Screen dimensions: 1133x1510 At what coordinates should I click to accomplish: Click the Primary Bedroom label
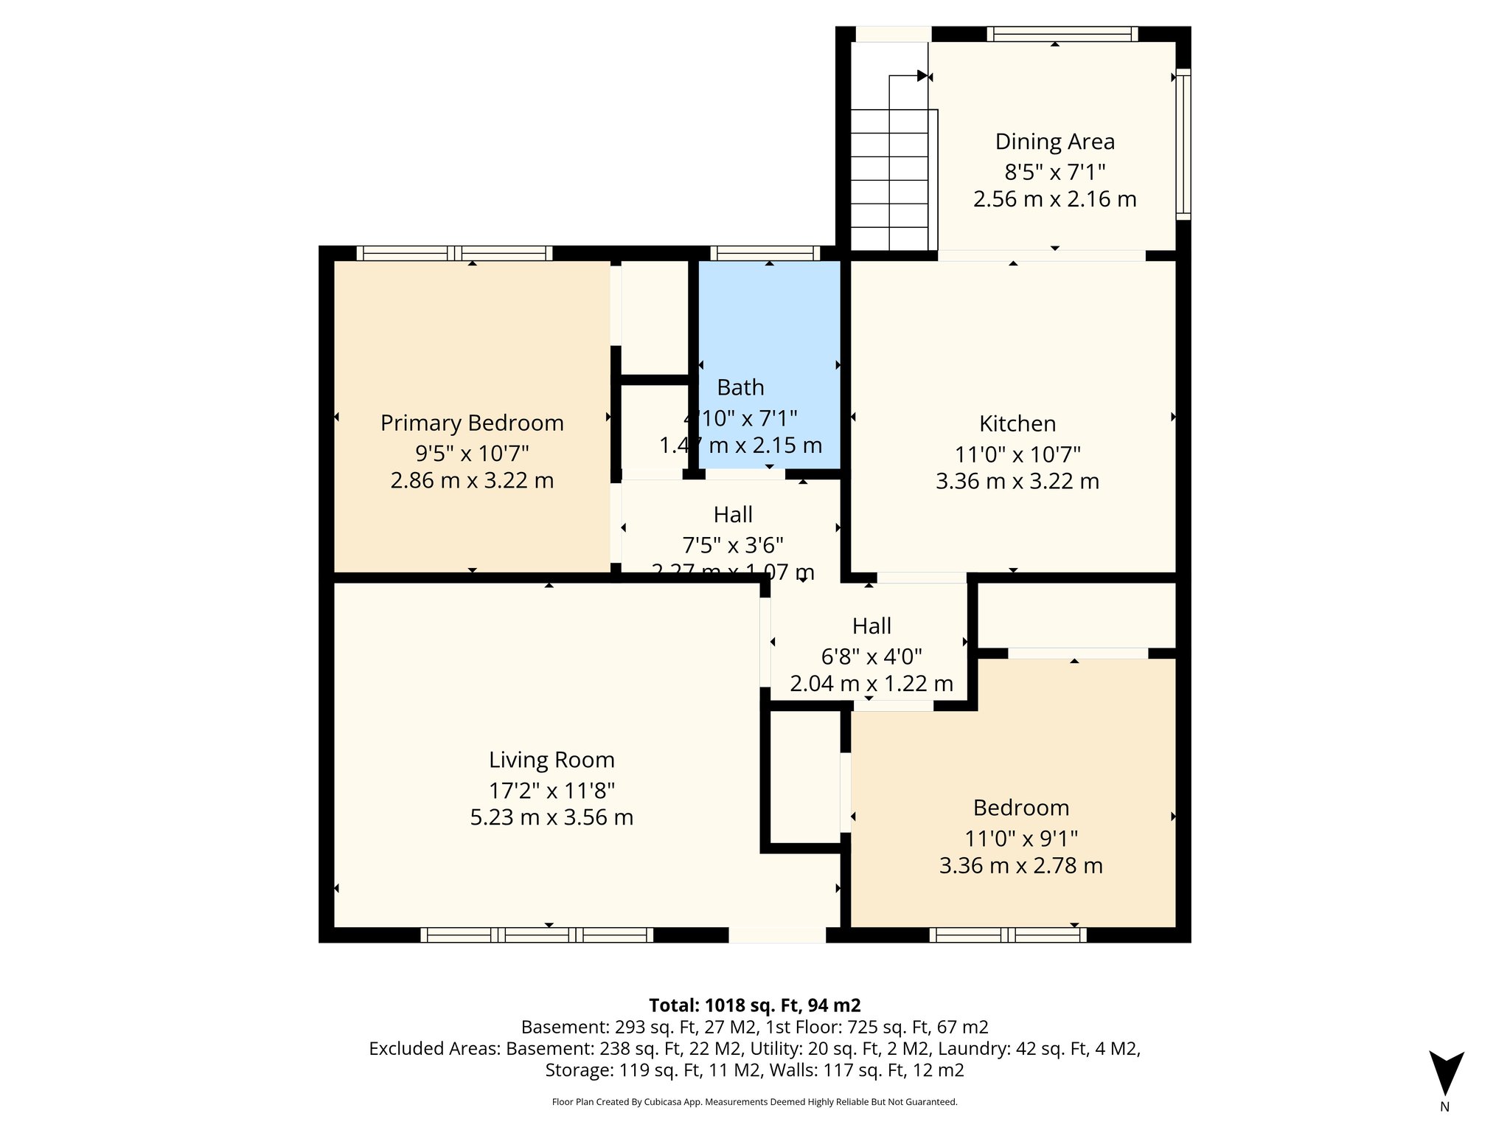472,423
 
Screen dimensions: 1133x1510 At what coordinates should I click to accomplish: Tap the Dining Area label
1054,142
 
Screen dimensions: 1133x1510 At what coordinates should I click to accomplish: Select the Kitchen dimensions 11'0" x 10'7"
1017,454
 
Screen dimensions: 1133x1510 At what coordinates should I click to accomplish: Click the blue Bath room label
740,387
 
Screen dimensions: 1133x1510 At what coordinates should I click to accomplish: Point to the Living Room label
552,760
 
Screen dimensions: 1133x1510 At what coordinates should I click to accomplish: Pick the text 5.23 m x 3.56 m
552,817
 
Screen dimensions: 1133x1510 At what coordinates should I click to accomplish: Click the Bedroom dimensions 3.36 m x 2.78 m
1020,865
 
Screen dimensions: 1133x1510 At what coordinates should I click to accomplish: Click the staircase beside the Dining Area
889,177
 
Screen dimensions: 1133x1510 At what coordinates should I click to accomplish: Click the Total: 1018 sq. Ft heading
754,1005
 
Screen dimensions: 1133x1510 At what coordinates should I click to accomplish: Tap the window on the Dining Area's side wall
1183,145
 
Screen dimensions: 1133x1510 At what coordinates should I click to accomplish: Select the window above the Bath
765,253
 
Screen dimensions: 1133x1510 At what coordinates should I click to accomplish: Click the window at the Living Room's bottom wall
537,935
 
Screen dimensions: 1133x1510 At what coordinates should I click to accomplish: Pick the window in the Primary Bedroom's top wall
454,253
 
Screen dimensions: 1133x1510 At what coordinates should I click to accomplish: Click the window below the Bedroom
1007,935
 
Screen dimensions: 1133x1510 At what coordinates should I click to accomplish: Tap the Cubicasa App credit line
754,1102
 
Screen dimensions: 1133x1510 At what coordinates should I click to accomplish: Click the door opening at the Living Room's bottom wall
777,935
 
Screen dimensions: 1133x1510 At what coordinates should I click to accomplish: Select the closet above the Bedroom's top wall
1076,614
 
